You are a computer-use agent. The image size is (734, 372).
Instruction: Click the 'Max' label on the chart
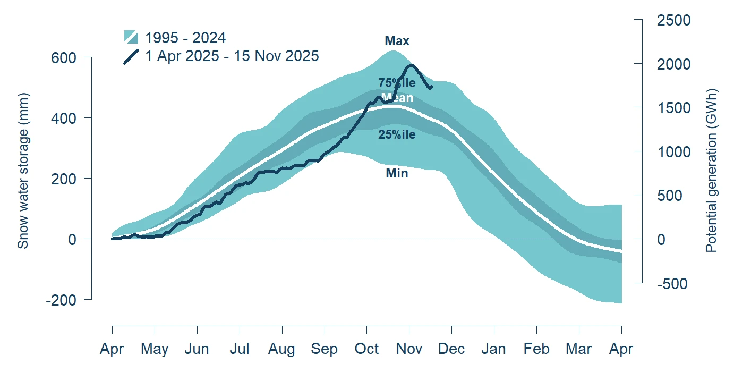[x=397, y=41]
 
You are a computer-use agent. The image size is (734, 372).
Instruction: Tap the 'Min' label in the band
[x=397, y=173]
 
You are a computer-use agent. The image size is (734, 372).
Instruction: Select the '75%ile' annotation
[x=397, y=83]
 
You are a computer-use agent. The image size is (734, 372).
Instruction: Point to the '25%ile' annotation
[x=397, y=134]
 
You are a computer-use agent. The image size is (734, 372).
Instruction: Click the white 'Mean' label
[x=397, y=98]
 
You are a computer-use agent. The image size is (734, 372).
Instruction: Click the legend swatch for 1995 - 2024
[x=131, y=37]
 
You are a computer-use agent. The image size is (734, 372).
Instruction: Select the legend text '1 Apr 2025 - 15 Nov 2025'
[x=232, y=56]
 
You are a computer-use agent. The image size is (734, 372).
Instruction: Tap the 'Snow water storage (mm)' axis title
[x=23, y=170]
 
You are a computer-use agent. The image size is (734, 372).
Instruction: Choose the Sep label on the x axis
[x=324, y=349]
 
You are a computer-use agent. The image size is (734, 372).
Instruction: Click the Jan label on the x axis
[x=494, y=349]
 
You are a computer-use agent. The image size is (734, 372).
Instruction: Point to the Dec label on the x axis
[x=451, y=349]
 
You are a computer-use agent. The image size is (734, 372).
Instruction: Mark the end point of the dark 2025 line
[x=431, y=87]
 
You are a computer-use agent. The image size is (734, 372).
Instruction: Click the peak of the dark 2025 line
[x=412, y=65]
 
